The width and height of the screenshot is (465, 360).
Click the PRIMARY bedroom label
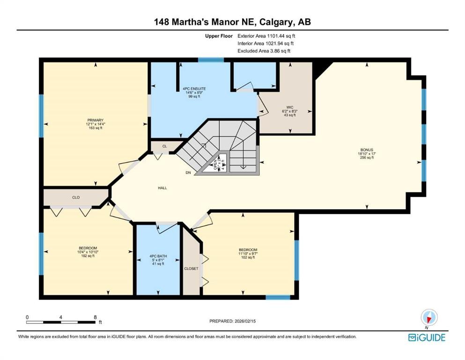point(95,120)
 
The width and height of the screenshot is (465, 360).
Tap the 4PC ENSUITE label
point(194,88)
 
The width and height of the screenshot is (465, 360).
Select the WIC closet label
point(290,107)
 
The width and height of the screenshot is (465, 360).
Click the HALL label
point(162,187)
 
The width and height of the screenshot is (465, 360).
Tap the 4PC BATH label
point(156,256)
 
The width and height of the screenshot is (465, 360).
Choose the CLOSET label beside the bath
point(191,269)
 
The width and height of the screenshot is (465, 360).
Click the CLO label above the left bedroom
point(76,197)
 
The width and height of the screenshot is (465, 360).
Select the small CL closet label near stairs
point(164,146)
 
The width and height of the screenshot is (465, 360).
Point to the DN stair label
point(188,173)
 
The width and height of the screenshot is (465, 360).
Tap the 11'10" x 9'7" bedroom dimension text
point(248,254)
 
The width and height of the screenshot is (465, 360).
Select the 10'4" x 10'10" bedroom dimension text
point(88,252)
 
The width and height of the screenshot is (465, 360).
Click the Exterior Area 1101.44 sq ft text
point(266,35)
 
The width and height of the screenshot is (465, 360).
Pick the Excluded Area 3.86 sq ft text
point(264,51)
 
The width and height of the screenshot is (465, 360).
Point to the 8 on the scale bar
point(96,317)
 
